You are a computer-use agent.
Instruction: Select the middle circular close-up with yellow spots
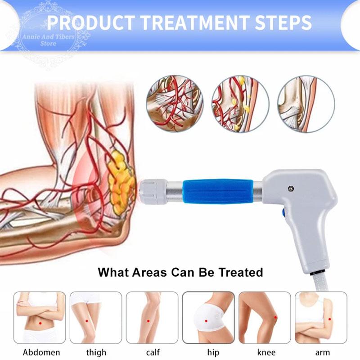[240, 105]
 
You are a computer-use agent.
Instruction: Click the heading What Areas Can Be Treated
[180, 272]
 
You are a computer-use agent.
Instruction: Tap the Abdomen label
[41, 352]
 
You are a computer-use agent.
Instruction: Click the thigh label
[96, 352]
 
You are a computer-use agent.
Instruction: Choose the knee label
[265, 352]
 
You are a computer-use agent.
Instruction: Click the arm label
[322, 352]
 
